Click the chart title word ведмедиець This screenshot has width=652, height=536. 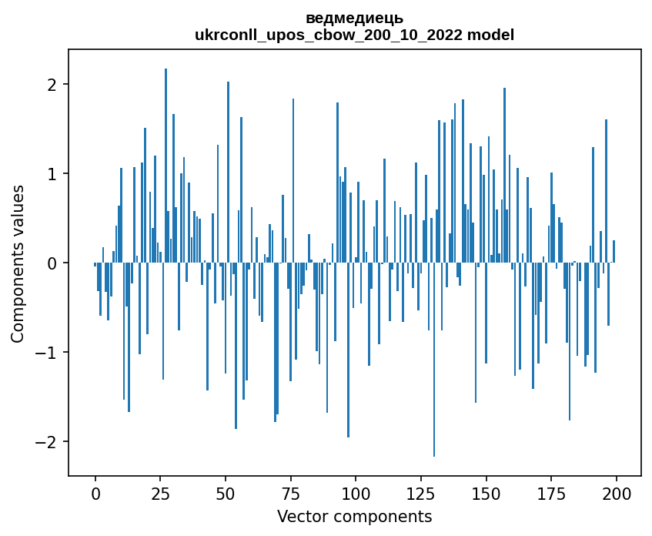[x=354, y=18]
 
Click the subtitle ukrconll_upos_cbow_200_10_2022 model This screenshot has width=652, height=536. [x=354, y=35]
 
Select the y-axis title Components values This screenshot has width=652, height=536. [x=18, y=263]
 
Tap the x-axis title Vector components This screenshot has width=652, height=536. [x=354, y=516]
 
